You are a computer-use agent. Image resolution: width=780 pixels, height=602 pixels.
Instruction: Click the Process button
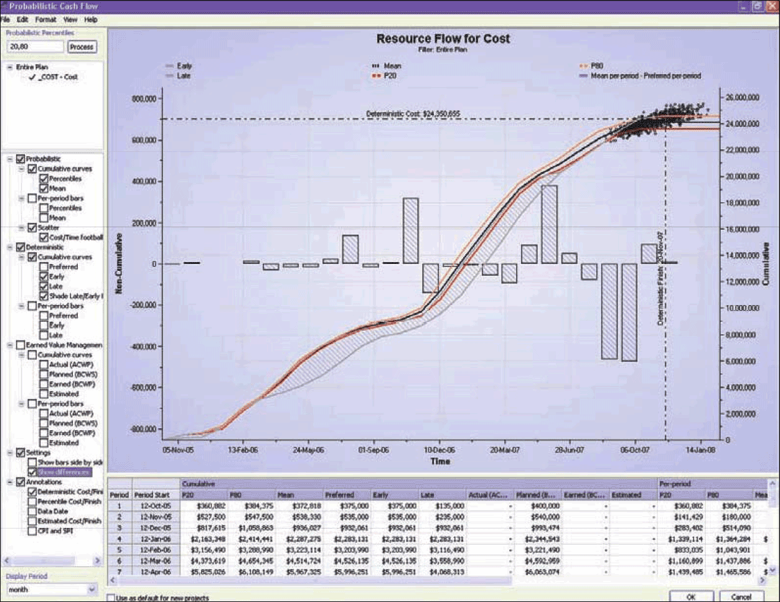(82, 47)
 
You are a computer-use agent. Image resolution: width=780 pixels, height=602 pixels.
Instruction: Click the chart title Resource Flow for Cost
(443, 39)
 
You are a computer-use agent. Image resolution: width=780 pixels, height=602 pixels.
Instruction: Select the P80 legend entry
(596, 66)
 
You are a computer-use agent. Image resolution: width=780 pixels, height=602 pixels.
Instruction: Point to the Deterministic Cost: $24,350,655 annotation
(413, 114)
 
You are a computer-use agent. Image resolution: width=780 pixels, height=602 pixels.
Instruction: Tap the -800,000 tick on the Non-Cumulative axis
(143, 429)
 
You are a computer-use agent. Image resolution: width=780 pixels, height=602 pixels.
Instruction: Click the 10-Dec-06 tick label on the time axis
(439, 449)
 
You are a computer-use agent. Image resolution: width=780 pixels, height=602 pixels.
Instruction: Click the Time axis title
(440, 461)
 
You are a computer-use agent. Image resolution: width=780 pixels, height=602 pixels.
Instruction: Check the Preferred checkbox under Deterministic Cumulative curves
(44, 267)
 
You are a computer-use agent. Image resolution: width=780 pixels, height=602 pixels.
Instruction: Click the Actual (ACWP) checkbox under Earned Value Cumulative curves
(44, 365)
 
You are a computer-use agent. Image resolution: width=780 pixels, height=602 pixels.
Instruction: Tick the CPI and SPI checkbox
(32, 531)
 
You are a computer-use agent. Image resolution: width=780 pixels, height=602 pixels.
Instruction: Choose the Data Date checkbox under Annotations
(32, 511)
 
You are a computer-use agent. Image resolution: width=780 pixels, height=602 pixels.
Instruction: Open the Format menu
(45, 20)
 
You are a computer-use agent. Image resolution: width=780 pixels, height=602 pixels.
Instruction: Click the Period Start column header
(152, 495)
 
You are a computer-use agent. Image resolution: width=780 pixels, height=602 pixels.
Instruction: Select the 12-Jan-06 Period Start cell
(155, 539)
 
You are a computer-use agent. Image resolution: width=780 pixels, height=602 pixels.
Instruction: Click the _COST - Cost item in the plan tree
(58, 77)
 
